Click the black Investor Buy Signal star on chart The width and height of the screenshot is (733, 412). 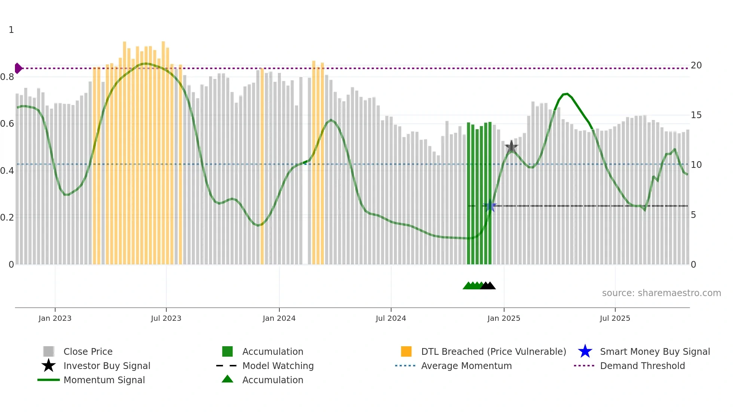coord(511,147)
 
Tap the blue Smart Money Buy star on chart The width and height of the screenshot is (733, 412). coord(490,206)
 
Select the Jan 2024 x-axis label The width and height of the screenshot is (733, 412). coord(279,318)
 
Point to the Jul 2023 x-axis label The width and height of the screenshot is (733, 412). coord(166,318)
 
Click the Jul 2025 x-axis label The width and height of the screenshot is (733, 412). coord(615,318)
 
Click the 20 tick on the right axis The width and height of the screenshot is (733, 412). coord(696,65)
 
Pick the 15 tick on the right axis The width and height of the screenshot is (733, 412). coord(696,115)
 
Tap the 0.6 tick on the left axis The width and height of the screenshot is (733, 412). coord(7,124)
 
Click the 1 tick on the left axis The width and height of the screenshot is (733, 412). coord(11,30)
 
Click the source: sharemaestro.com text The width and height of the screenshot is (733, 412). coord(661,293)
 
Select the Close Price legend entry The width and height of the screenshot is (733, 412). coord(88,351)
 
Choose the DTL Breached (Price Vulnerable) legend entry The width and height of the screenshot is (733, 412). coord(493,351)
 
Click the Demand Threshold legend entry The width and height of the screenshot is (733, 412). coord(642,366)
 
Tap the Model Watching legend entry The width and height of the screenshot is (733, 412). coord(278,366)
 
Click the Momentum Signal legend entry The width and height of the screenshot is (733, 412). coord(104,380)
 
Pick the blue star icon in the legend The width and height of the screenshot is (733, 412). coord(585,351)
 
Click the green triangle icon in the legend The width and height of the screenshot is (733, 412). coord(227,379)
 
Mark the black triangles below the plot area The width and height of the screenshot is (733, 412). coord(488,286)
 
